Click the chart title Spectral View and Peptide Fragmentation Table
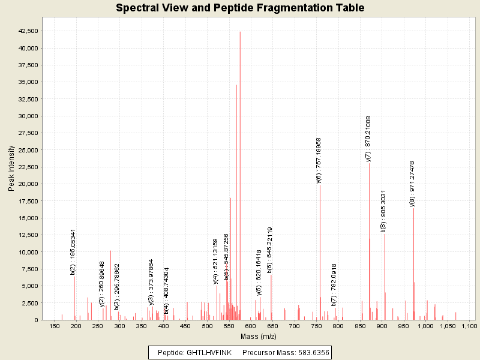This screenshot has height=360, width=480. click(x=240, y=8)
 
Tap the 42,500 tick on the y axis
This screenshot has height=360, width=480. click(x=29, y=31)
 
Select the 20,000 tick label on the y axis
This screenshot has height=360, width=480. click(x=29, y=184)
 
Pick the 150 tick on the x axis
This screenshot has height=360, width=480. click(x=55, y=326)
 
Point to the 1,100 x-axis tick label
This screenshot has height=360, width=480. click(x=469, y=326)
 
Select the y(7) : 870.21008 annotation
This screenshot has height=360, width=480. click(x=368, y=139)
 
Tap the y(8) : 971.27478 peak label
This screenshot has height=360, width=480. click(x=412, y=184)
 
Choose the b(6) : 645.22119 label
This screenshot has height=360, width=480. click(x=270, y=250)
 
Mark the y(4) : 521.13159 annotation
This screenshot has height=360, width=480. click(x=215, y=261)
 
